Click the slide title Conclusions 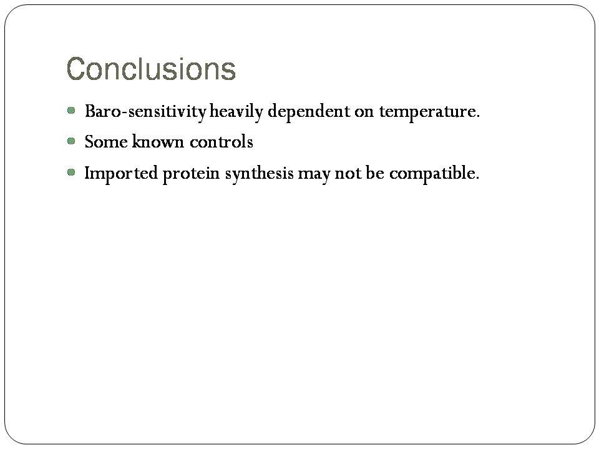click(x=151, y=69)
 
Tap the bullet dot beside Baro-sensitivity click(x=71, y=111)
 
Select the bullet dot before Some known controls click(x=71, y=141)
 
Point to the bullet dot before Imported click(x=71, y=172)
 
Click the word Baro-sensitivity click(x=145, y=112)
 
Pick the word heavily click(x=236, y=112)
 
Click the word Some click(x=106, y=142)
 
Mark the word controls click(x=222, y=142)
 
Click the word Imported click(x=120, y=173)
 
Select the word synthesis click(x=260, y=173)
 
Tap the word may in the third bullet click(x=314, y=175)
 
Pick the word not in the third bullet click(x=348, y=173)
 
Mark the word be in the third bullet click(x=375, y=172)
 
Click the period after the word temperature click(x=477, y=116)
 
